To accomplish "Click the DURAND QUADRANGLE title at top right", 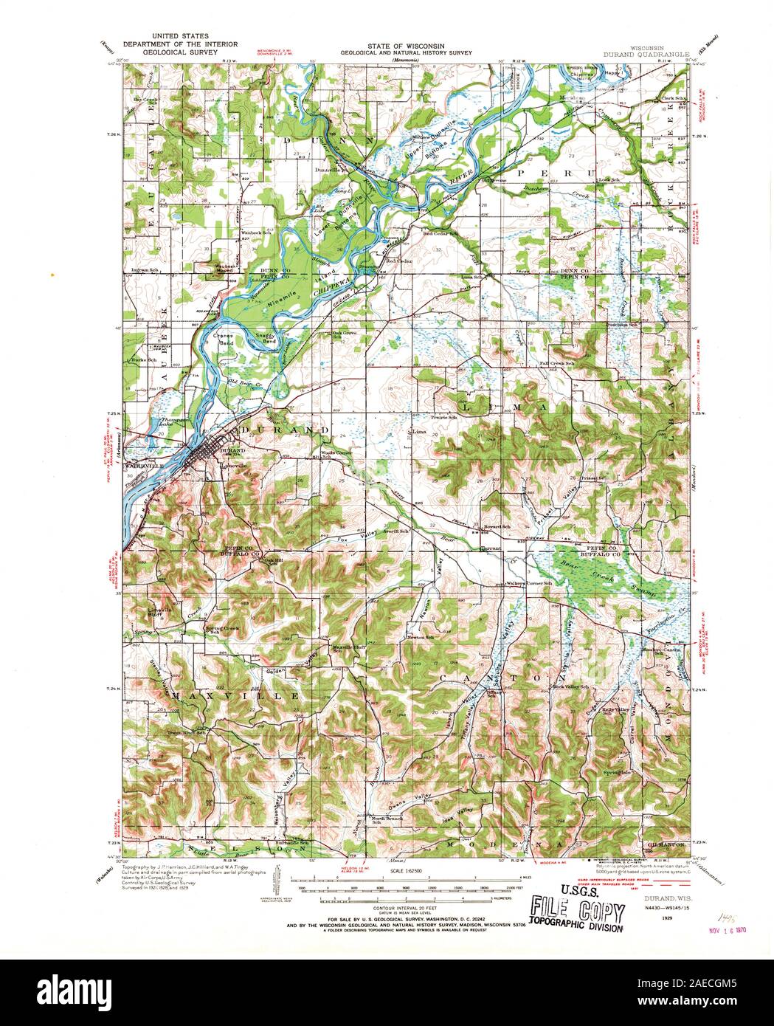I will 646,54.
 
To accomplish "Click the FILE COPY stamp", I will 573,904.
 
